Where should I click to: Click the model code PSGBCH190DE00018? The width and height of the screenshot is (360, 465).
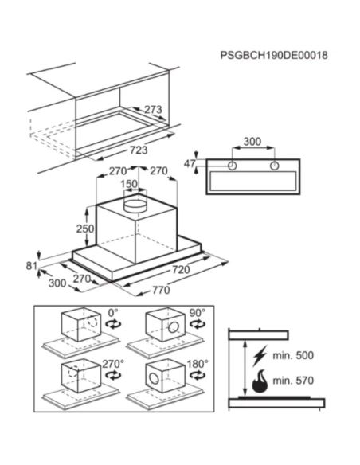pyautogui.click(x=274, y=55)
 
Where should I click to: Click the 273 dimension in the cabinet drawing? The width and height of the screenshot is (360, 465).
pyautogui.click(x=153, y=110)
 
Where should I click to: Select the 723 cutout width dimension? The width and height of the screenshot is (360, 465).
pyautogui.click(x=139, y=150)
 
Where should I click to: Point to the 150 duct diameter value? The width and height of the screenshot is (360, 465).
pyautogui.click(x=129, y=184)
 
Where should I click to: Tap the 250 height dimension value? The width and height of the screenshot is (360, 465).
pyautogui.click(x=85, y=229)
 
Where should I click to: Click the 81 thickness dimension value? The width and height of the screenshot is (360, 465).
pyautogui.click(x=31, y=266)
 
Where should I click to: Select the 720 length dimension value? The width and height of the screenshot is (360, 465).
pyautogui.click(x=181, y=270)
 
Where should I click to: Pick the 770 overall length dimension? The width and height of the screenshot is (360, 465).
pyautogui.click(x=161, y=290)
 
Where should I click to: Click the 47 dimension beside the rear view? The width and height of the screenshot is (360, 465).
pyautogui.click(x=190, y=163)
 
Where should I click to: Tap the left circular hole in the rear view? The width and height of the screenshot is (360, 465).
pyautogui.click(x=233, y=166)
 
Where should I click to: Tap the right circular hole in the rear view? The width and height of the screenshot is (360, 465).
pyautogui.click(x=275, y=166)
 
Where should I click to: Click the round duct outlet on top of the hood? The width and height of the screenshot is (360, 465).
pyautogui.click(x=135, y=204)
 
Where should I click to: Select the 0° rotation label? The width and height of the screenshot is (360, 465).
pyautogui.click(x=113, y=313)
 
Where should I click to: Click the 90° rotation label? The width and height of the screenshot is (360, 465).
pyautogui.click(x=198, y=313)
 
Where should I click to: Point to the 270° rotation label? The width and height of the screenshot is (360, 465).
pyautogui.click(x=113, y=364)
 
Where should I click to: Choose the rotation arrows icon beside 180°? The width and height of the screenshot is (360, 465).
pyautogui.click(x=198, y=376)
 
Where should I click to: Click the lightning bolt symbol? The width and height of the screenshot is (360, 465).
pyautogui.click(x=260, y=356)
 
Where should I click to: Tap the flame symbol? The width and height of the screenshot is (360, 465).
pyautogui.click(x=260, y=381)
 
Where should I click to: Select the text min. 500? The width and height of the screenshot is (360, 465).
pyautogui.click(x=293, y=355)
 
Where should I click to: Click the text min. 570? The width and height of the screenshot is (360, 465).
pyautogui.click(x=293, y=380)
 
